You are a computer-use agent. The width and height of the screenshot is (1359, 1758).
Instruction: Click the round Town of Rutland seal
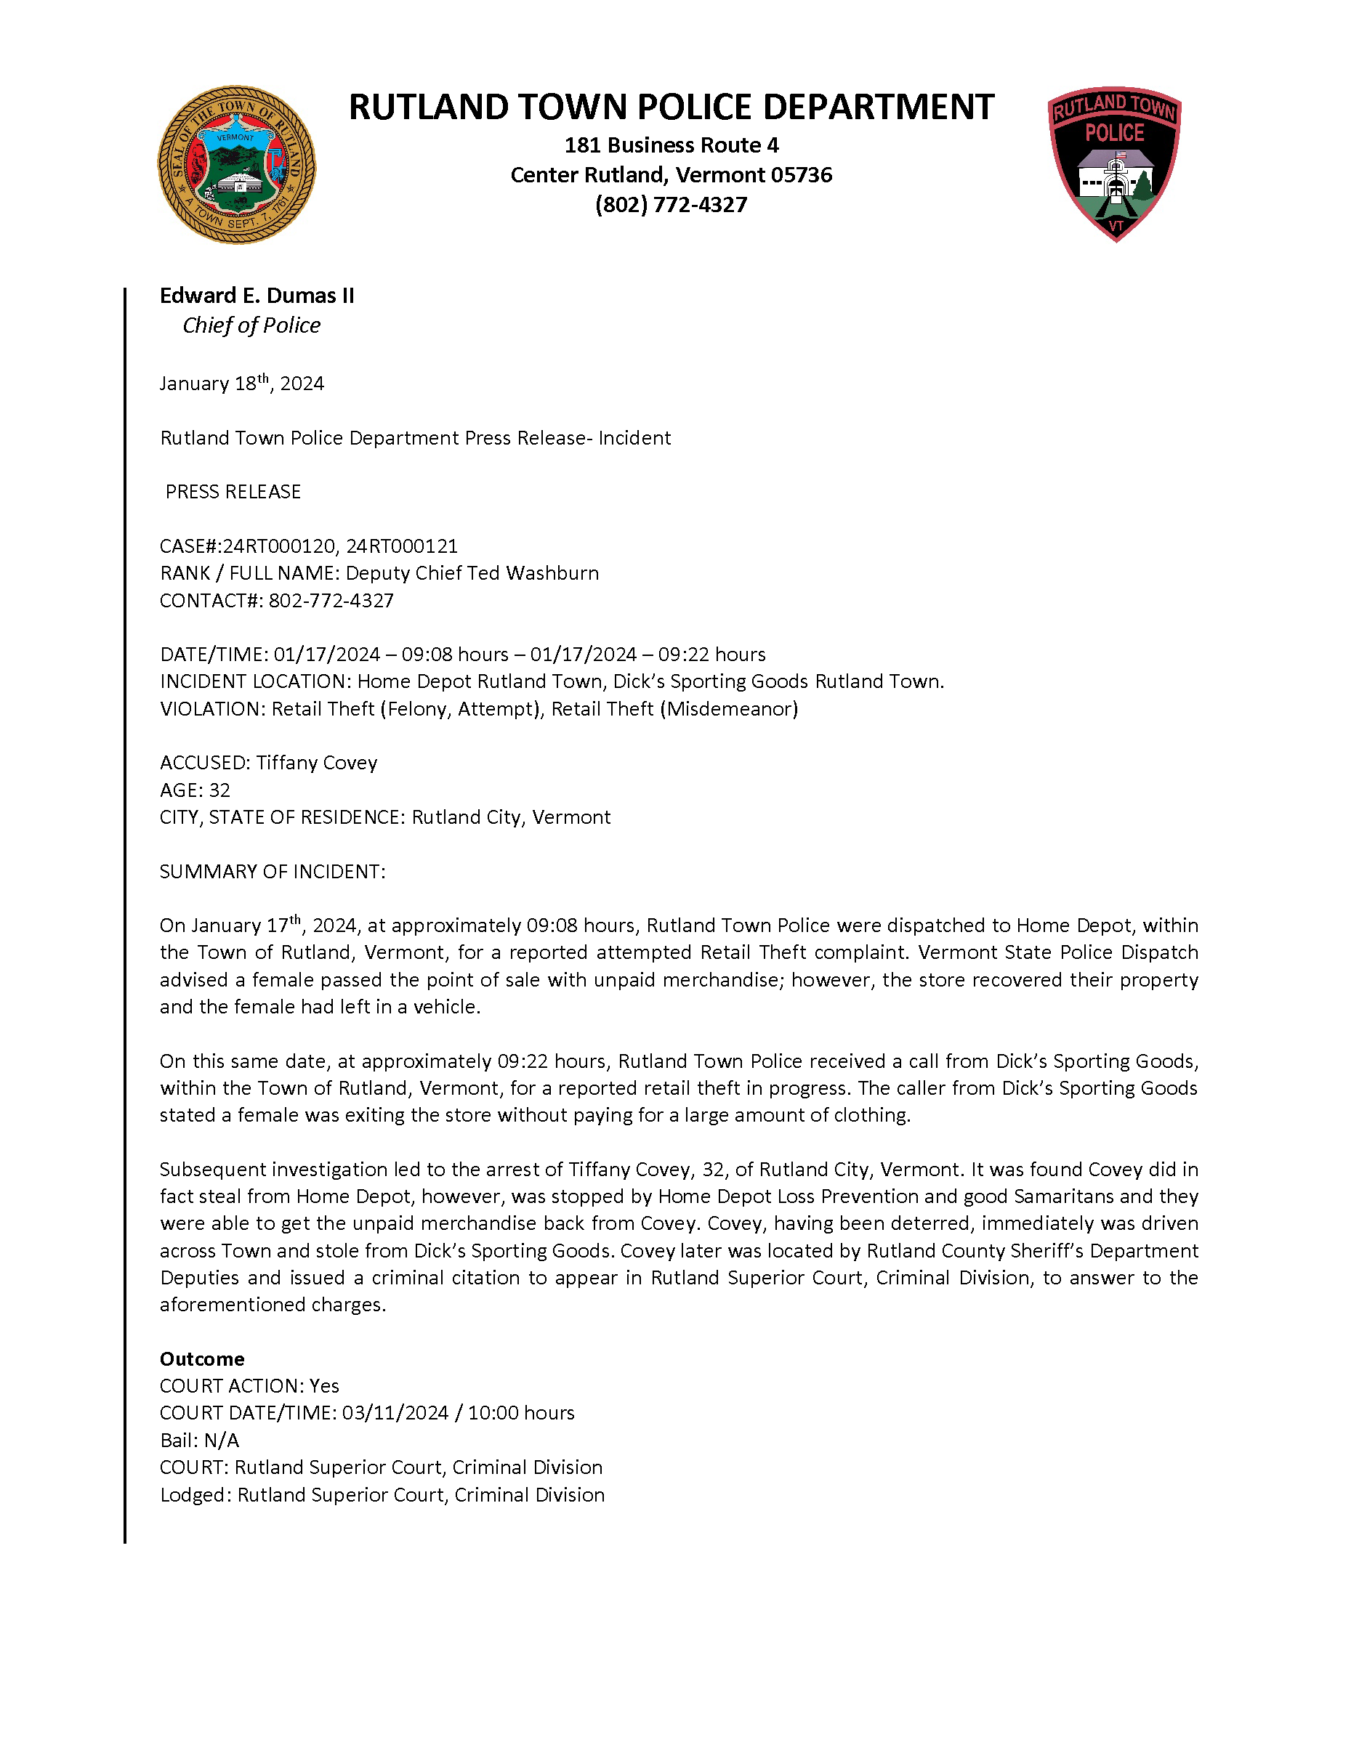click(x=237, y=165)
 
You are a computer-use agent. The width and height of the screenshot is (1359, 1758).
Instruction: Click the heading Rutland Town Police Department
click(x=672, y=107)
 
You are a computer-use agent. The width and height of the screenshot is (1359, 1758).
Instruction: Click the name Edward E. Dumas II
click(x=257, y=296)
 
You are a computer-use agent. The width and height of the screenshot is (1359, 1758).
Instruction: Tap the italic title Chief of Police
click(x=251, y=325)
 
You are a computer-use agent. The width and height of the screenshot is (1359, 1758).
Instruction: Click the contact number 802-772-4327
click(x=331, y=601)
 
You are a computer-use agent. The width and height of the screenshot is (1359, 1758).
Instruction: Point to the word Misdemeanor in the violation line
click(x=730, y=708)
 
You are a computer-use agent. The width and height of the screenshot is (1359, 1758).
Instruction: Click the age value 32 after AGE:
click(x=219, y=790)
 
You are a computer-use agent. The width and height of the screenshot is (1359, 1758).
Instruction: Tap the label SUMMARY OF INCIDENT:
click(x=272, y=872)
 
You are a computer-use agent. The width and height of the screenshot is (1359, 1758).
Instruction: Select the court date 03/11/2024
click(x=395, y=1413)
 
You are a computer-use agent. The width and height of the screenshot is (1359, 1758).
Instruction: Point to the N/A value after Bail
click(x=222, y=1440)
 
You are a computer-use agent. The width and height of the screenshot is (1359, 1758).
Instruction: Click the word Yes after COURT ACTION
click(x=324, y=1385)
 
